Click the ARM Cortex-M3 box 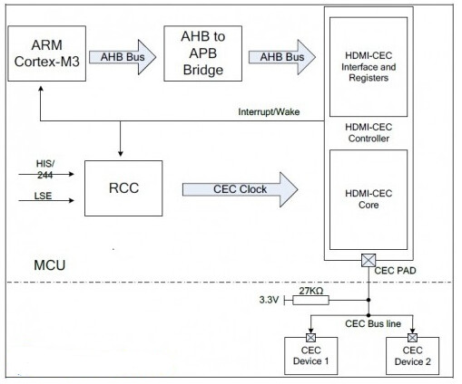[47, 53]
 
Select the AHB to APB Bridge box [203, 53]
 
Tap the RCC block [123, 188]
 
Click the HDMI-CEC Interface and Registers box [369, 67]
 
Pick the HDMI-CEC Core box [369, 199]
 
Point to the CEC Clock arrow [241, 189]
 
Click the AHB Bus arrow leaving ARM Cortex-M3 [123, 57]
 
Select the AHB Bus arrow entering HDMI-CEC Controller [282, 57]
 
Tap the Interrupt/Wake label [269, 112]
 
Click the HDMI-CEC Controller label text [369, 133]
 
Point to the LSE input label [43, 196]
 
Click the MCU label [50, 265]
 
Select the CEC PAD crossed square [369, 260]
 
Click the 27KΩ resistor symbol [310, 300]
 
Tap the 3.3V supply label [269, 300]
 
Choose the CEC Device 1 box [310, 356]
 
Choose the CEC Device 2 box [412, 356]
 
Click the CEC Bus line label [373, 324]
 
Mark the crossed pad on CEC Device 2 [412, 338]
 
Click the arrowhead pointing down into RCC [121, 153]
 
